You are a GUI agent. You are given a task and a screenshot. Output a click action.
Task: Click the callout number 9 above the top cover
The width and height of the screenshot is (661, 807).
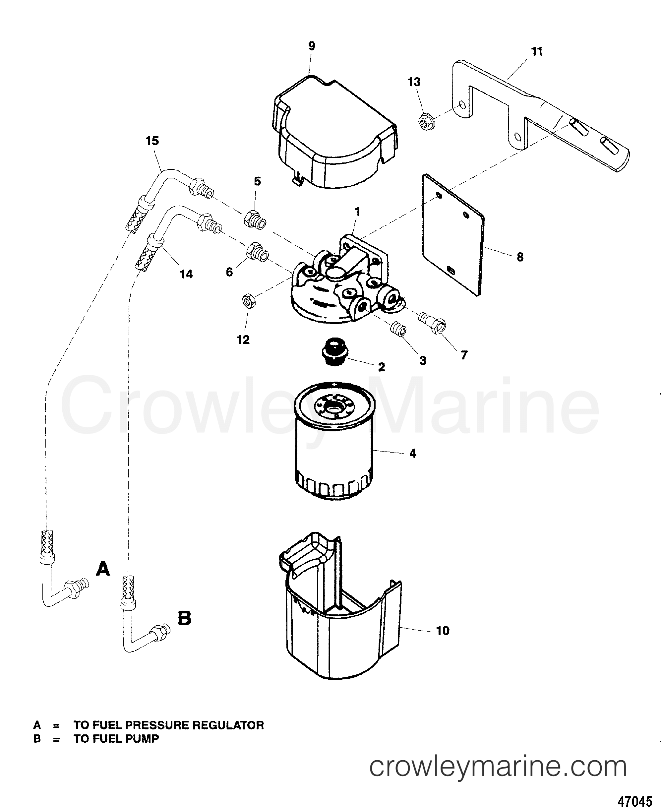click(x=312, y=46)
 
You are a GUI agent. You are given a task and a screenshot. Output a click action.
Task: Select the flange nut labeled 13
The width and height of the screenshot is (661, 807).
click(x=425, y=122)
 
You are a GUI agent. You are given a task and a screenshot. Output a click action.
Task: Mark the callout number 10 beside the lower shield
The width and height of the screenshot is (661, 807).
click(x=443, y=631)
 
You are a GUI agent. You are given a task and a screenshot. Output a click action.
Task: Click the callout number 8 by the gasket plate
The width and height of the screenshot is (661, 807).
click(x=520, y=257)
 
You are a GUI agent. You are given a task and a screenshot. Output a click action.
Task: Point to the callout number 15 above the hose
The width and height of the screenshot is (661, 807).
click(x=152, y=141)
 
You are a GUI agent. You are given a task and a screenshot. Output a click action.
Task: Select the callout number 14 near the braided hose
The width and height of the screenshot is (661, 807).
click(x=186, y=274)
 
